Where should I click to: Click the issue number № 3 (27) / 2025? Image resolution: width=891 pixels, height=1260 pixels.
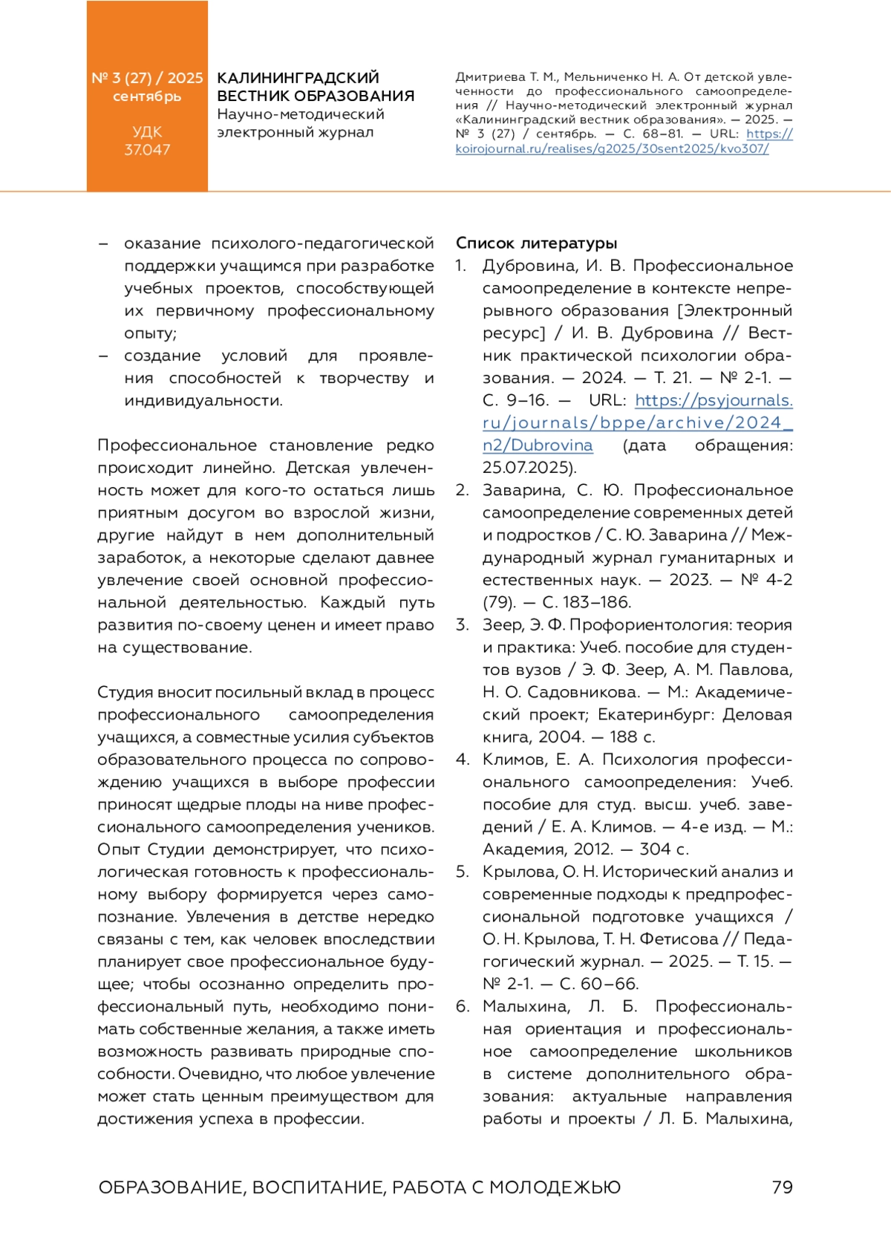pos(147,78)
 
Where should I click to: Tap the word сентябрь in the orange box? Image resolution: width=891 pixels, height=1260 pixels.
pos(147,97)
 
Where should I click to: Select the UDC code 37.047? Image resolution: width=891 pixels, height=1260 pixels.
pos(147,150)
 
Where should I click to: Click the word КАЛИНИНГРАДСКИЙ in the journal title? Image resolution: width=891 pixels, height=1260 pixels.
pos(298,78)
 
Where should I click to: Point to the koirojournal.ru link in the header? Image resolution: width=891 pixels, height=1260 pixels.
pos(612,148)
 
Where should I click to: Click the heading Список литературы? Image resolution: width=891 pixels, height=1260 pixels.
pos(536,244)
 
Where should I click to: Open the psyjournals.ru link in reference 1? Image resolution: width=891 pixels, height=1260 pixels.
pos(637,422)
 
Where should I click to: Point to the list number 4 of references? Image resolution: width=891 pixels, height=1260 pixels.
pos(463,760)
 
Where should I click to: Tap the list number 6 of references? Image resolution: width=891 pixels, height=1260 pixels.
pos(463,1006)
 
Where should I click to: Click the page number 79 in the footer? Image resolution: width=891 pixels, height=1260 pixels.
pos(782,1187)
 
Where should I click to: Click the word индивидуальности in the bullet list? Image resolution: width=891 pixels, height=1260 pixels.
pos(202,401)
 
